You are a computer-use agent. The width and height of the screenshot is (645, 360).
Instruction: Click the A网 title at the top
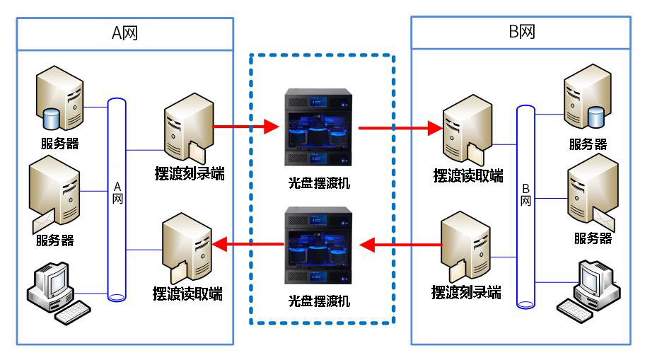tap(124, 33)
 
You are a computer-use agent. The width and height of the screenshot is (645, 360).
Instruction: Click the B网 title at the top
tap(521, 33)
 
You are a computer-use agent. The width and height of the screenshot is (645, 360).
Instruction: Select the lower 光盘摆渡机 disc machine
tap(318, 244)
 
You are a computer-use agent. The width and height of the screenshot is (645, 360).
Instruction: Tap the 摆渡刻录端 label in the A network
tap(189, 173)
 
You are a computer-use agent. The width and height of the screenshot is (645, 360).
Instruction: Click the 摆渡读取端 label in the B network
tap(468, 175)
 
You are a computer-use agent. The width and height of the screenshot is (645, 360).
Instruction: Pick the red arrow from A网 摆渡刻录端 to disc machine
tap(245, 127)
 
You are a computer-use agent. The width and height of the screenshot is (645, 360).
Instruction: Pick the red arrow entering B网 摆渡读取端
tap(400, 129)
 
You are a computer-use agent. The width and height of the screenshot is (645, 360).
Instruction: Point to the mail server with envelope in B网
tap(590, 191)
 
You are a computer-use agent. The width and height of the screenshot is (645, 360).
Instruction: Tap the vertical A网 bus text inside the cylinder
tap(117, 192)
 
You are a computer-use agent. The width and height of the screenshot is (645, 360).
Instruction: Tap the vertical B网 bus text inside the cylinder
tap(525, 195)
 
